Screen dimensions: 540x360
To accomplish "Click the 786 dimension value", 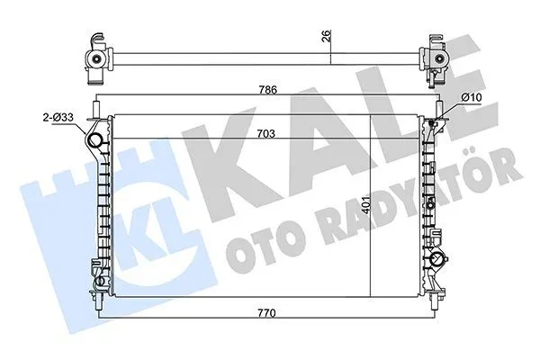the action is tap(268, 90).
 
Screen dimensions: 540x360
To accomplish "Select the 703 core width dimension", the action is tap(266, 134).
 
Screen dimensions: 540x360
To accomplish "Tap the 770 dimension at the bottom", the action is tap(267, 313).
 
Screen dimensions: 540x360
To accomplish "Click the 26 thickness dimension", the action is tap(327, 36).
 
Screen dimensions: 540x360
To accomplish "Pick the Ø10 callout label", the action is tap(471, 97).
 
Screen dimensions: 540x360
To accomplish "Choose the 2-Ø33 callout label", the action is tap(58, 118).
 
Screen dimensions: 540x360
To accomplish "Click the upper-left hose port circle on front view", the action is tap(94, 141).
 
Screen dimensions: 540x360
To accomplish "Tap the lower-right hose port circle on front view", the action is tap(438, 257).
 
